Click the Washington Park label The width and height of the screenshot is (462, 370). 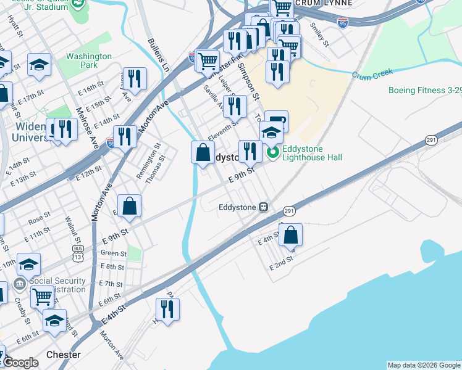point(89,60)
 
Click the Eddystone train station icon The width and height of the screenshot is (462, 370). point(264,207)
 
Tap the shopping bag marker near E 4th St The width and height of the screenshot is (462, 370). point(291,235)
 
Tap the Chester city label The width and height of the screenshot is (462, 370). point(63,355)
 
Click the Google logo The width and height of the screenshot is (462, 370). point(20,363)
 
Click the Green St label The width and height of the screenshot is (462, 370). point(113,253)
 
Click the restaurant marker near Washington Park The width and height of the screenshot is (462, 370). point(135,79)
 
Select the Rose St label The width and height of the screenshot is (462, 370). point(38,217)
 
